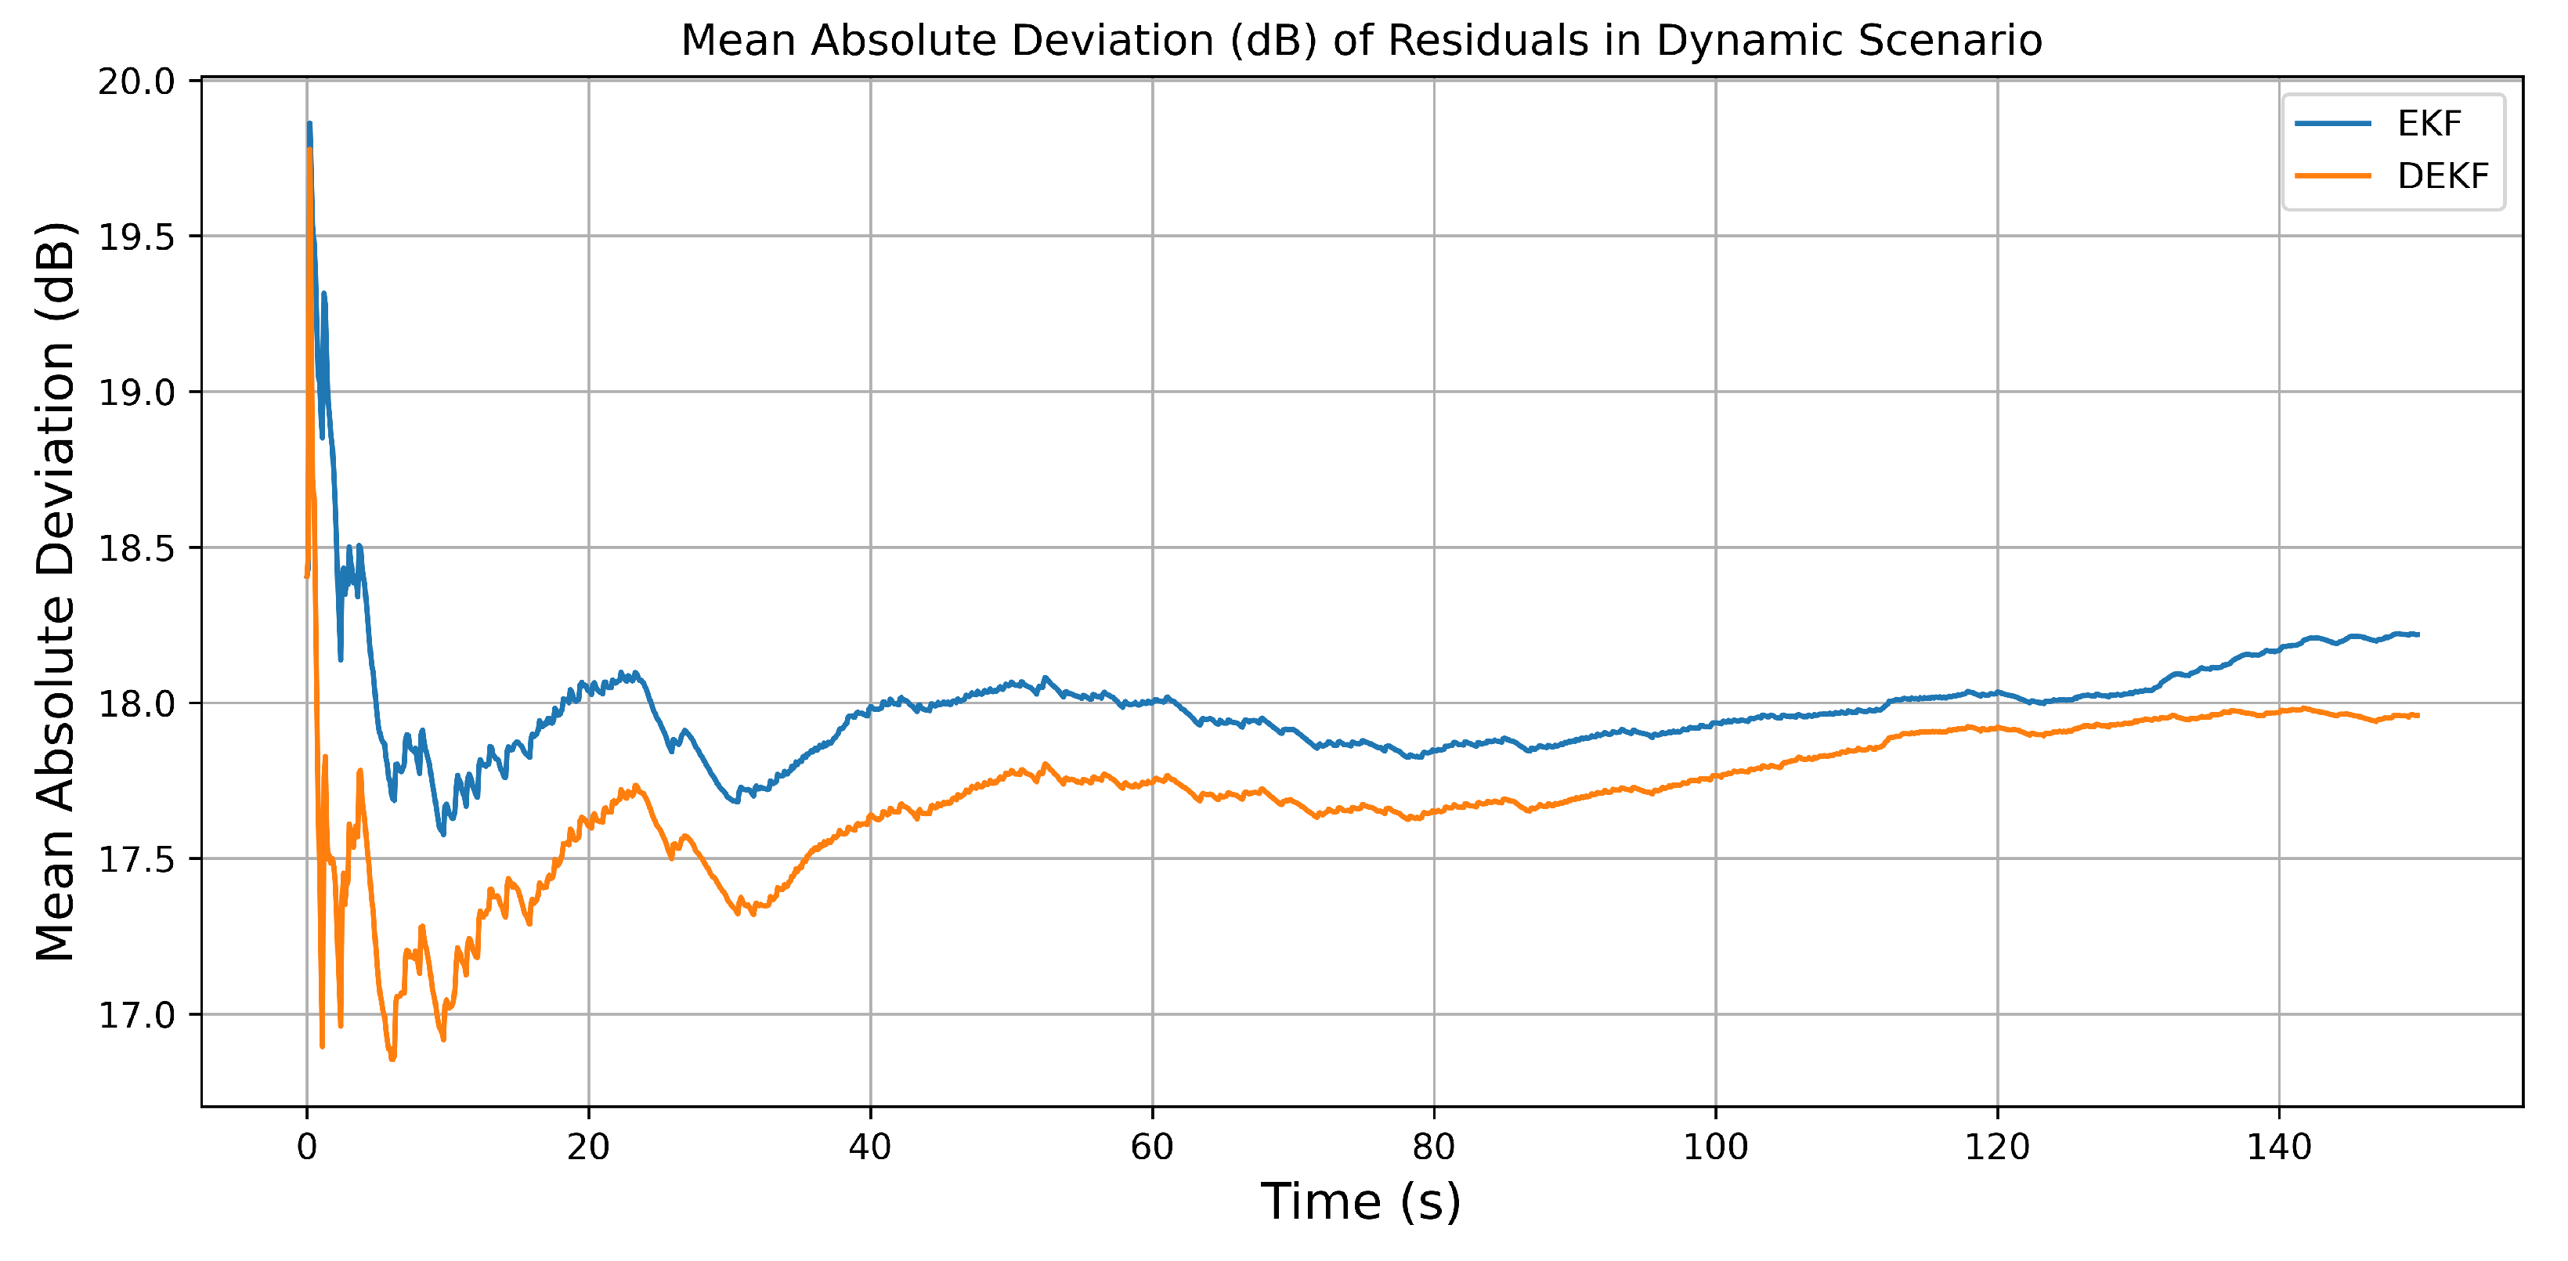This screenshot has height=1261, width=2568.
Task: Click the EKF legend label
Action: point(2429,124)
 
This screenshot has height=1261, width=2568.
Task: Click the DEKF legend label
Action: point(2443,176)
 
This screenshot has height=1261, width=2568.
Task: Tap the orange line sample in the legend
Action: point(2333,176)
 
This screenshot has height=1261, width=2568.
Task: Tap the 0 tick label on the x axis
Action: point(307,1147)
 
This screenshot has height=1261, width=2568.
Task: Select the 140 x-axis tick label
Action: point(2279,1147)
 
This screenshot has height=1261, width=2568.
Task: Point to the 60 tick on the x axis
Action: point(1151,1147)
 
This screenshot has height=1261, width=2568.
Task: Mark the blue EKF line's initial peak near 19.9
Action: point(309,125)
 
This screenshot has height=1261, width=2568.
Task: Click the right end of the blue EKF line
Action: point(2418,634)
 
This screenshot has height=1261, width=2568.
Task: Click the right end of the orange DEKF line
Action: point(2418,716)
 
